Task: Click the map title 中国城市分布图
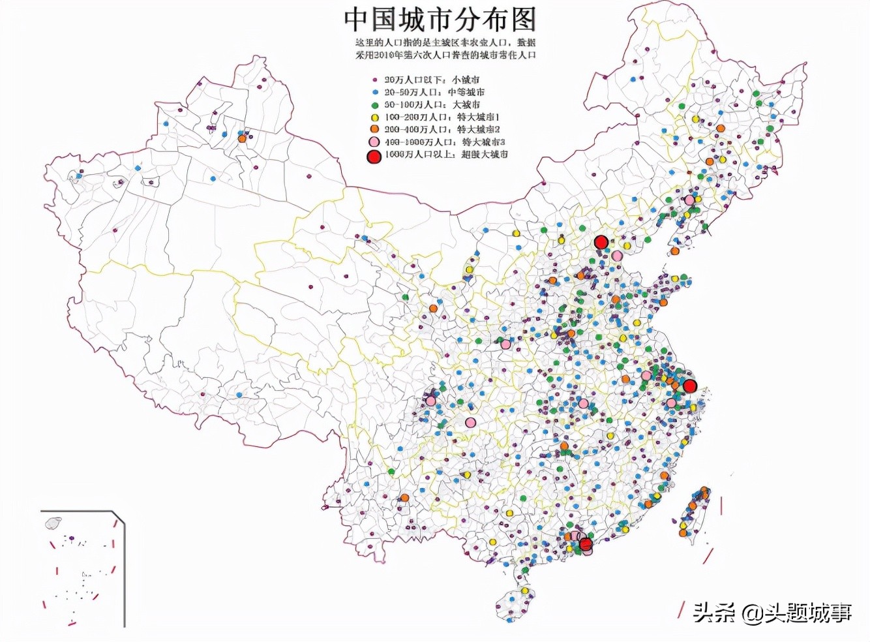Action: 440,20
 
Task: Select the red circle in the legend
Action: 374,156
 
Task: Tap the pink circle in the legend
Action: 374,142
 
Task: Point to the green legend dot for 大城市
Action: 375,104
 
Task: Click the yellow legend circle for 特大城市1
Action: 375,117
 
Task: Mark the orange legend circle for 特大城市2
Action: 375,129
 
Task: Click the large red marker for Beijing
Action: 601,243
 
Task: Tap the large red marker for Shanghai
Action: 689,386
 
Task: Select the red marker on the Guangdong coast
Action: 586,543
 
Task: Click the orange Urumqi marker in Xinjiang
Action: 242,138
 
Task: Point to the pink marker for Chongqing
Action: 470,423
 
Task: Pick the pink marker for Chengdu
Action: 431,401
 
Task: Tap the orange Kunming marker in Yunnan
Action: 404,498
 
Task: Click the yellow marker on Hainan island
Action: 524,591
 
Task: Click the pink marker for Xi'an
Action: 505,344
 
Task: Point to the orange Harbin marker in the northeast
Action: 721,129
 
